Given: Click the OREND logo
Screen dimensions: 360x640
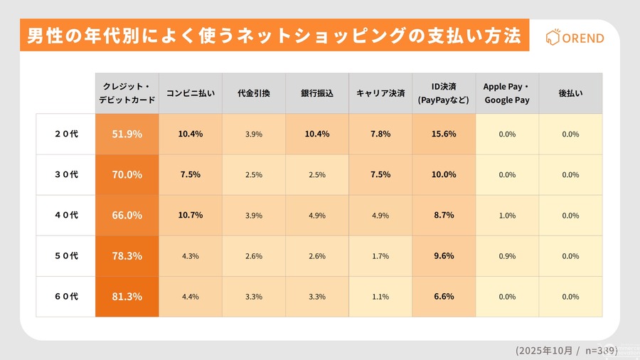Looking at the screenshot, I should point(574,38).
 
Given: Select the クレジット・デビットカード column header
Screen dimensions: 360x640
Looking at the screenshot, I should point(127,93).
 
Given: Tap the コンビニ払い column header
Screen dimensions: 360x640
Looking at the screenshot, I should point(190,93).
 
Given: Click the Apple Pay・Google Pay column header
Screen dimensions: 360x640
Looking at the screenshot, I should point(507,93).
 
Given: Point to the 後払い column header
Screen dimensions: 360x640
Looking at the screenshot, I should point(570,93).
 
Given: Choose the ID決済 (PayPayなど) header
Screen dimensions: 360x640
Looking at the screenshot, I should point(444,93).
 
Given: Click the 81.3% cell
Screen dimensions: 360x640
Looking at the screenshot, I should point(127,297).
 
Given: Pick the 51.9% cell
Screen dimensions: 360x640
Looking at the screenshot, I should point(127,134).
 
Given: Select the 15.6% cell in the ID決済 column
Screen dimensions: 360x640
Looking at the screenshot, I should point(444,134).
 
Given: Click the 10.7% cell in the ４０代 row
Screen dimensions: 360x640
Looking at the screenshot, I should point(190,215).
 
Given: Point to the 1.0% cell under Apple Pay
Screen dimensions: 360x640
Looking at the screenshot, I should point(507,215).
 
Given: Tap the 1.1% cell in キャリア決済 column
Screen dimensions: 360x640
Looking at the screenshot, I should point(380,297).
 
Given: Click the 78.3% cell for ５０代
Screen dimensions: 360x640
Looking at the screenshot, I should point(127,256).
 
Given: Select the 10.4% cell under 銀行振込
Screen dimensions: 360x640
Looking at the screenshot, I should point(317,134).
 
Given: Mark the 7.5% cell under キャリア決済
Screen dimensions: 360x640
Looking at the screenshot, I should point(380,174).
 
